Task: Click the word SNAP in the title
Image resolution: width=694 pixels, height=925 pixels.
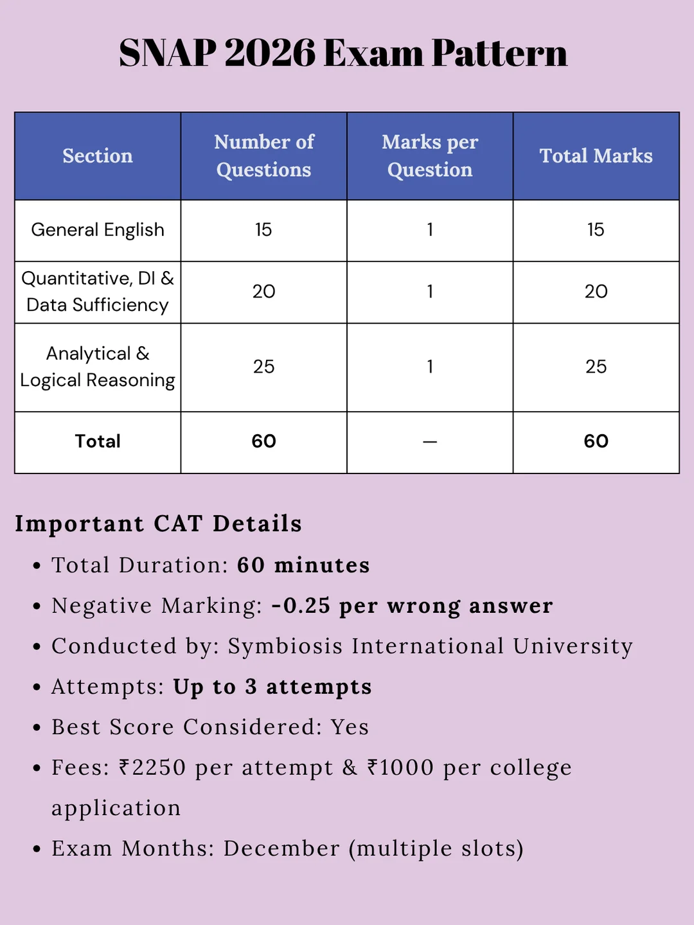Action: [168, 53]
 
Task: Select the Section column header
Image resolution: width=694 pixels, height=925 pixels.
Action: [98, 156]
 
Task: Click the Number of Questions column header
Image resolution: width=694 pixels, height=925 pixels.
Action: [264, 156]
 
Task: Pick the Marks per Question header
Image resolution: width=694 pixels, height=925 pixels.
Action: [430, 156]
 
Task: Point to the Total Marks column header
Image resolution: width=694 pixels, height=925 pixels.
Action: [596, 156]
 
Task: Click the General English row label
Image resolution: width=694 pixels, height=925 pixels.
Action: [98, 230]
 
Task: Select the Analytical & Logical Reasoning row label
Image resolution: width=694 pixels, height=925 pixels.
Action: [98, 367]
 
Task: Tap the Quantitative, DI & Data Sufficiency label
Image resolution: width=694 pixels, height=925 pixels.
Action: [98, 292]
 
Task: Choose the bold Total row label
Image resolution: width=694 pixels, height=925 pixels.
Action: [98, 441]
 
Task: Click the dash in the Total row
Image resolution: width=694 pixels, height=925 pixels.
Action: [430, 442]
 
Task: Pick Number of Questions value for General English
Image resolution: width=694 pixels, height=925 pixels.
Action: [263, 230]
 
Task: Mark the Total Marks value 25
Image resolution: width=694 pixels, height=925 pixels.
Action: [596, 367]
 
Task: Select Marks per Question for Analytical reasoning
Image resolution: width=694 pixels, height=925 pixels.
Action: [430, 367]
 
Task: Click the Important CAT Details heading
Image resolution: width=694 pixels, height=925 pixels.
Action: [158, 524]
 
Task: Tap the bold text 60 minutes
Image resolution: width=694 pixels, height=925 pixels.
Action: [303, 565]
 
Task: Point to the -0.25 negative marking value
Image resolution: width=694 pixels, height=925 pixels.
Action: [301, 606]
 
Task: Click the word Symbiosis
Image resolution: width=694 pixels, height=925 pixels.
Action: [285, 646]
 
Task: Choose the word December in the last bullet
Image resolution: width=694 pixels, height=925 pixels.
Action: [281, 849]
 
